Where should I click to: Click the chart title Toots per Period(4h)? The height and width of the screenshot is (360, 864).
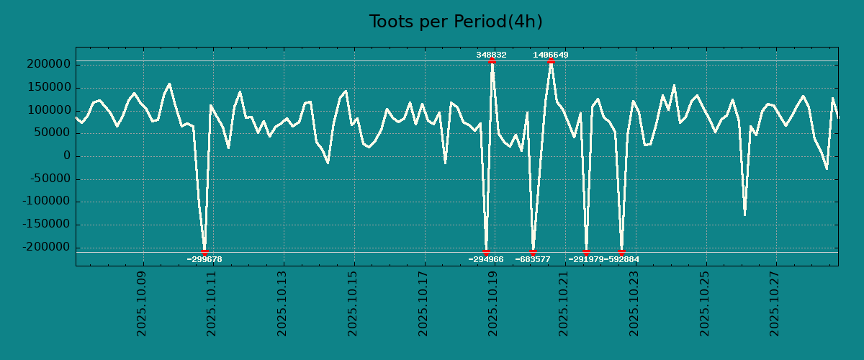(x=456, y=22)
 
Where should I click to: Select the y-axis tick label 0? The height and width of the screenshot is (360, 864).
(x=66, y=156)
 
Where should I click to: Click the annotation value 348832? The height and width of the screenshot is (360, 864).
(x=491, y=55)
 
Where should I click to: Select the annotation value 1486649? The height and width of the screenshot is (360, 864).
(x=551, y=55)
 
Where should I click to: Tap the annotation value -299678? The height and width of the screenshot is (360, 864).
(x=204, y=259)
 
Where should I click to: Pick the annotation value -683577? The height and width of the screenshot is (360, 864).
(x=533, y=259)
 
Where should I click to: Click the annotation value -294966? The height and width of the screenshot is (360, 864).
(x=486, y=259)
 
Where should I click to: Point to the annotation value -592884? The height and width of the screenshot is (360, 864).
(x=621, y=259)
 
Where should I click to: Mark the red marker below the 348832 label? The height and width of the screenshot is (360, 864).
(x=492, y=61)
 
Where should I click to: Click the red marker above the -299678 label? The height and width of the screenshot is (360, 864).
(x=204, y=252)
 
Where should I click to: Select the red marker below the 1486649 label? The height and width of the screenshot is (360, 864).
(x=551, y=61)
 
